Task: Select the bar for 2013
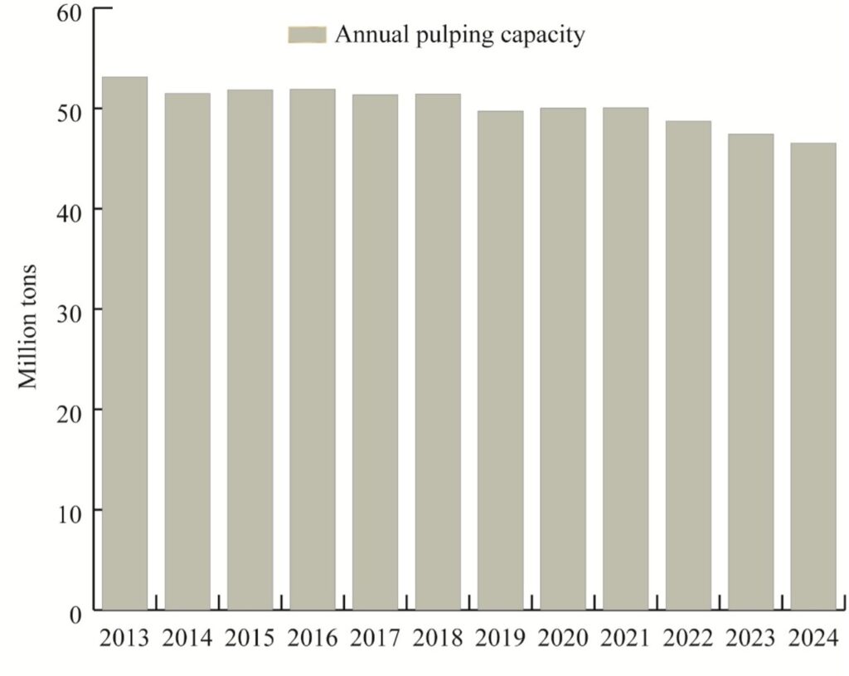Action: pyautogui.click(x=124, y=343)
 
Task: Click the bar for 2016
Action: pyautogui.click(x=312, y=349)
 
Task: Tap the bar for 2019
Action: pyautogui.click(x=500, y=360)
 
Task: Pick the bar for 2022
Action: pyautogui.click(x=687, y=365)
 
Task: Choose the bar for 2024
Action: pyautogui.click(x=813, y=377)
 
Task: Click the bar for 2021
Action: pyautogui.click(x=625, y=358)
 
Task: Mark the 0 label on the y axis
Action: pyautogui.click(x=75, y=615)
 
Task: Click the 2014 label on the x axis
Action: pyautogui.click(x=187, y=638)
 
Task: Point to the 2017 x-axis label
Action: pyautogui.click(x=375, y=638)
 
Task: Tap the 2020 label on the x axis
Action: pyautogui.click(x=562, y=638)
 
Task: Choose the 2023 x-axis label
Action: pyautogui.click(x=750, y=638)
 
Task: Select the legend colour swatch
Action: pyautogui.click(x=308, y=34)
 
